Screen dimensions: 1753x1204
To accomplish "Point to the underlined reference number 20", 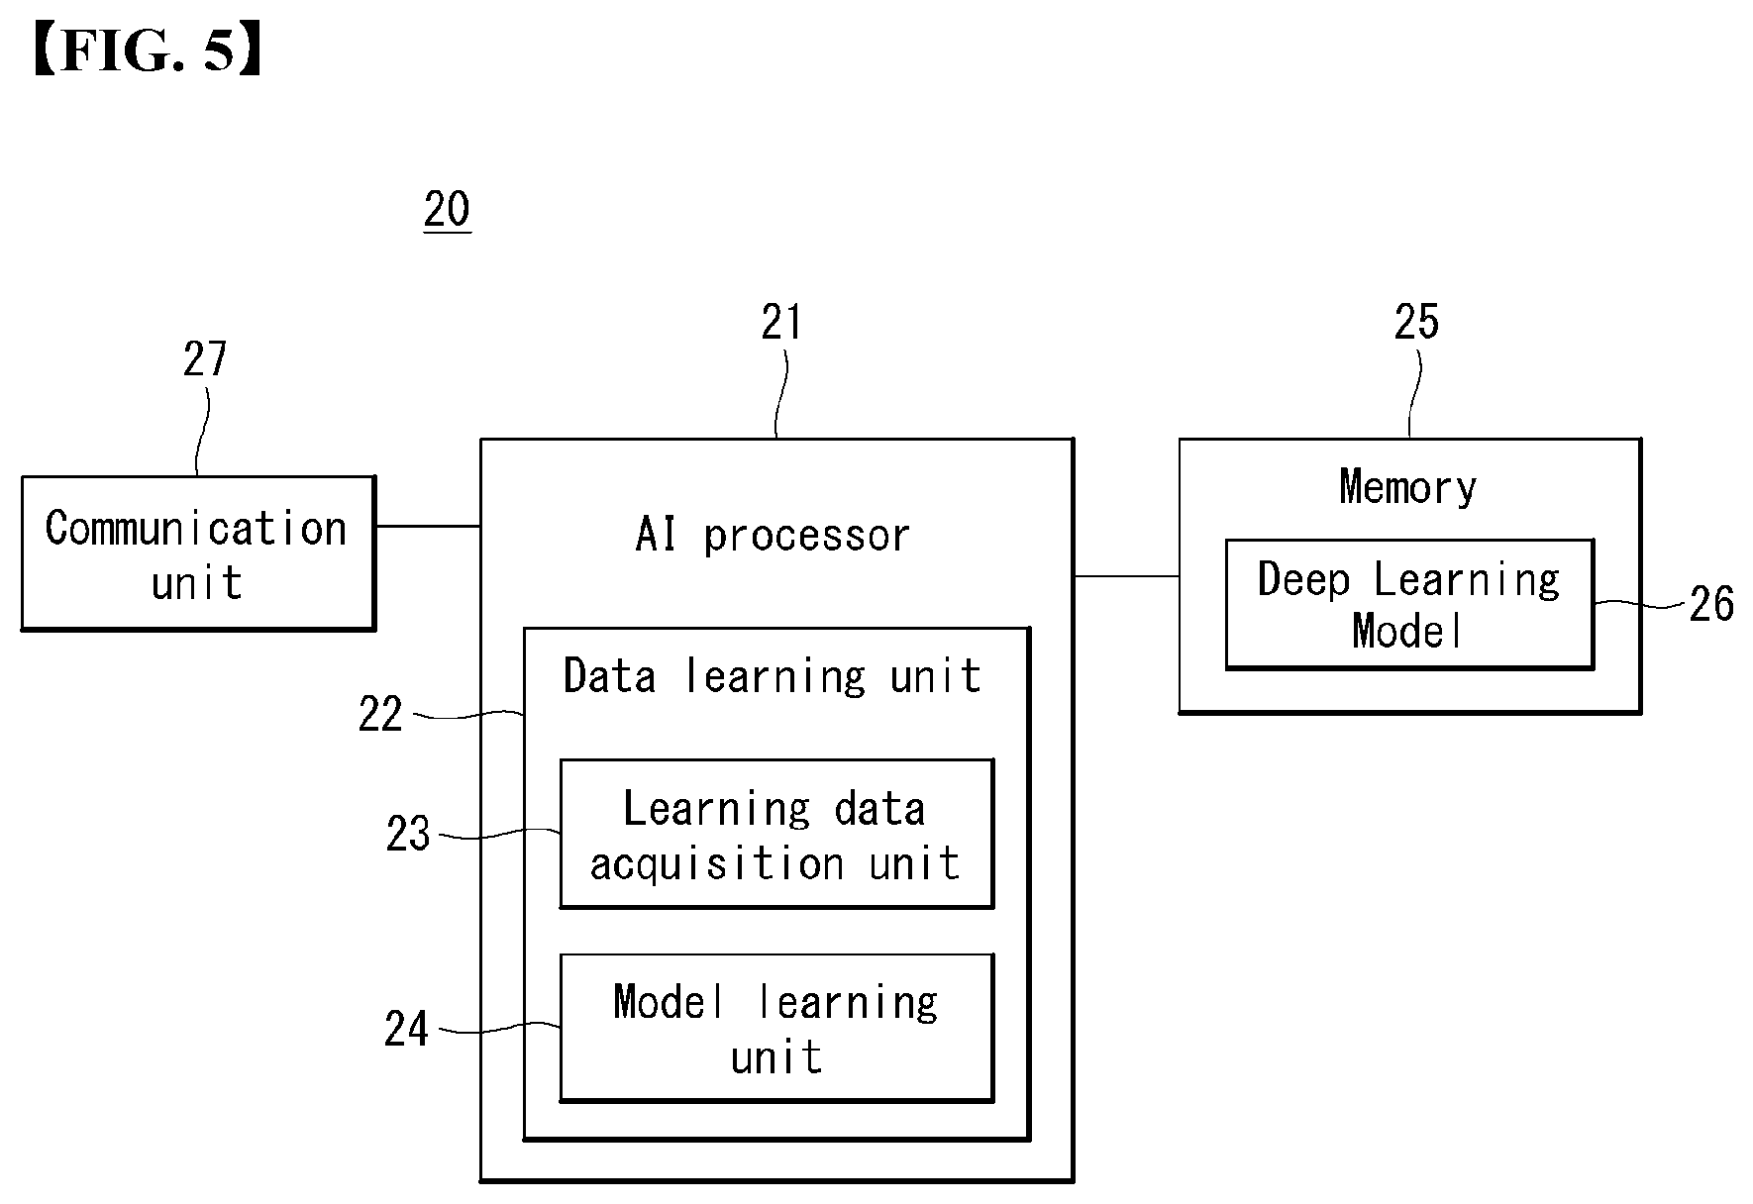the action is tap(447, 209).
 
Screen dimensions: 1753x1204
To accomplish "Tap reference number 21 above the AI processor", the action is tap(781, 322).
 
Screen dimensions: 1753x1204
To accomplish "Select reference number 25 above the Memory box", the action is tap(1416, 322).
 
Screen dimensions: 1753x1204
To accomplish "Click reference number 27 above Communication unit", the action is tap(205, 358).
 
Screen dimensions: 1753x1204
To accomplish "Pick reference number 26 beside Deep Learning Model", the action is tap(1711, 604).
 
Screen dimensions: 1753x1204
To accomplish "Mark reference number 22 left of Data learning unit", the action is tap(380, 714).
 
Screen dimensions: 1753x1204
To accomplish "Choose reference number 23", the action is tap(408, 834).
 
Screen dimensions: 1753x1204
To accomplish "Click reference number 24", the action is tap(407, 1030).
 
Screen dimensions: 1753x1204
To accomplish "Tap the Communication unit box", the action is tap(198, 553).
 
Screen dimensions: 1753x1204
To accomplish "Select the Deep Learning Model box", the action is tap(1409, 604).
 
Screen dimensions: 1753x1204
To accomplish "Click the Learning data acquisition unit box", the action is tap(776, 834).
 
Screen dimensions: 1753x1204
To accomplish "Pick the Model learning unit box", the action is tap(776, 1028).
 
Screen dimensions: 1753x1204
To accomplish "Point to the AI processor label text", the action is tap(773, 536).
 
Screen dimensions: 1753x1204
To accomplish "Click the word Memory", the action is tap(1407, 487).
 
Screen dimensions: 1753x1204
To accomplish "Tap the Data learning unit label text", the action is tap(773, 676).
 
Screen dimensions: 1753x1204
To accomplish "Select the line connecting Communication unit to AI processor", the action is tap(428, 526).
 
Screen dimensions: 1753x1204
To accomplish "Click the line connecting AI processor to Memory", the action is tap(1126, 575).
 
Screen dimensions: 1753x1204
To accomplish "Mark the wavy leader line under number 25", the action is tap(1414, 394).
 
